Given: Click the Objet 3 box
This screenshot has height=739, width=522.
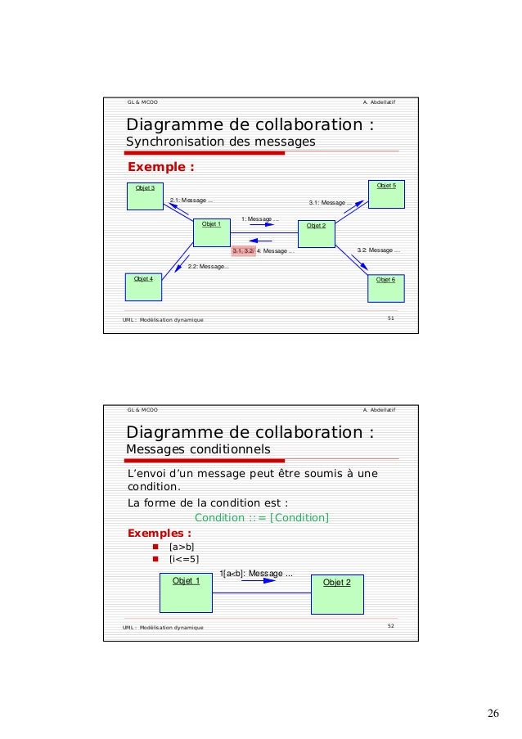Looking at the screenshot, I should point(146,196).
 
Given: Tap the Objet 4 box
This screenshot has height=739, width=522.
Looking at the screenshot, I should point(145,288).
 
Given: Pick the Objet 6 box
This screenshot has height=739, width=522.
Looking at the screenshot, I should point(385,289).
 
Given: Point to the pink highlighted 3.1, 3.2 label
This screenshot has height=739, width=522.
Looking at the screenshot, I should point(243,251).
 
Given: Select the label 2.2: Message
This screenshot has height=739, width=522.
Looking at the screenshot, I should point(208,267).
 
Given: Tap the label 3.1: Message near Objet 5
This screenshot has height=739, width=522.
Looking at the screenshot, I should point(331,203).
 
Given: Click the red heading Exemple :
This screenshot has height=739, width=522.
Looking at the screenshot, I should point(160,168).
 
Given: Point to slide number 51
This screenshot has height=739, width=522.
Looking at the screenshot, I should point(391,318).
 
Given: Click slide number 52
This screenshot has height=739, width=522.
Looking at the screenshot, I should point(391,626).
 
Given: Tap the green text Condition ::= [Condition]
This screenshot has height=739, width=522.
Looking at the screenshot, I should point(262,517).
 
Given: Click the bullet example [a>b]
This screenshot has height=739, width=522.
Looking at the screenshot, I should point(181,547).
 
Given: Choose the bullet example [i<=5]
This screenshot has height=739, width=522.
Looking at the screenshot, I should point(183,560).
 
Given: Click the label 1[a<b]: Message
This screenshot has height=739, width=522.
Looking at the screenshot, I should point(257,574).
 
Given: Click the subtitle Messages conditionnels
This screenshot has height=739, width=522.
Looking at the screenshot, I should point(197,449).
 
